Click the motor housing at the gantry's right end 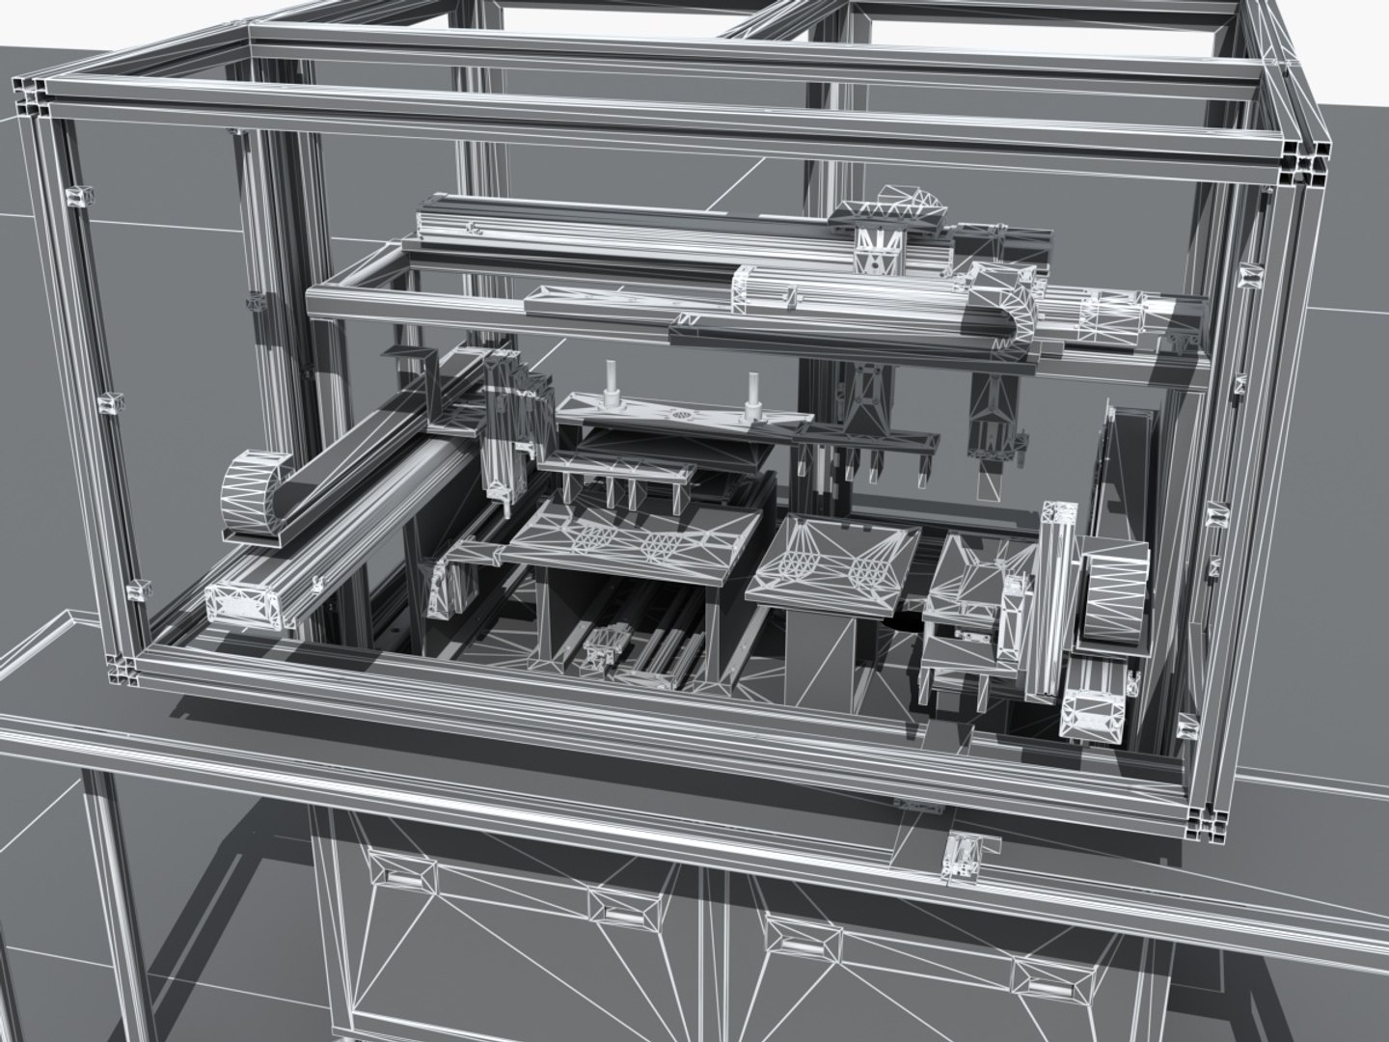1109,314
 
